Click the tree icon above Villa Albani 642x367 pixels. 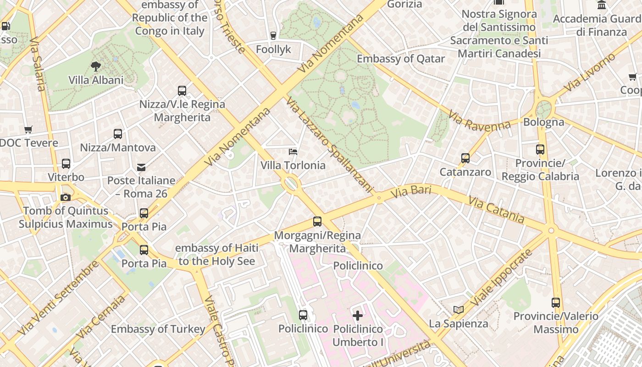[x=96, y=67]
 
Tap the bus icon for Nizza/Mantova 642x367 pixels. [x=118, y=134]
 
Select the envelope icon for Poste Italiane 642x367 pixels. [x=141, y=167]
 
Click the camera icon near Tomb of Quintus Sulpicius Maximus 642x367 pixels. [x=66, y=197]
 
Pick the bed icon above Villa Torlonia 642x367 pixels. [x=293, y=151]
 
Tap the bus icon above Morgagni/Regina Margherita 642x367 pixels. [x=317, y=222]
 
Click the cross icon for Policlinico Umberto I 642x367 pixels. [x=358, y=315]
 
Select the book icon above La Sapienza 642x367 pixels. [x=459, y=310]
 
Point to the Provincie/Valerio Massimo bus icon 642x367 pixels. [x=556, y=302]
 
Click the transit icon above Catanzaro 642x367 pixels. [x=465, y=158]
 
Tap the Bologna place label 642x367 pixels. [x=543, y=122]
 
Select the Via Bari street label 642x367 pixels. [x=411, y=192]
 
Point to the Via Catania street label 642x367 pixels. [x=496, y=209]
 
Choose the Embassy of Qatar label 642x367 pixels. [x=401, y=59]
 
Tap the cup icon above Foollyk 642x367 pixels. [x=273, y=35]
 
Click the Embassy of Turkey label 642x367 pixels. [x=158, y=329]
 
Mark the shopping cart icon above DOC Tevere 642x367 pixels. [x=28, y=129]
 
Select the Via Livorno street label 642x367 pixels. [x=590, y=72]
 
